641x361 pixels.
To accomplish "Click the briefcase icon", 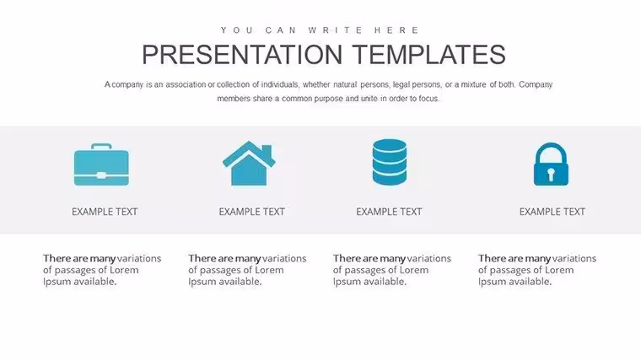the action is (x=101, y=164).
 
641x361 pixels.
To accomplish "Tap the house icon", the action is (x=249, y=163).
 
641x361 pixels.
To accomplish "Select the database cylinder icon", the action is (x=390, y=162).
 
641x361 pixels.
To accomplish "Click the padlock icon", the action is (x=551, y=164).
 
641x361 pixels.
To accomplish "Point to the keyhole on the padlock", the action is (x=551, y=174).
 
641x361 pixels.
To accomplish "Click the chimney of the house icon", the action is (x=267, y=150).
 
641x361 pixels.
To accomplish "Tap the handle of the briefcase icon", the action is (x=101, y=147).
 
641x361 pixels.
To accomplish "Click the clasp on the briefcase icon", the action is (x=101, y=175).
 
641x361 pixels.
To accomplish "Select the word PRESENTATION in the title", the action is (x=242, y=55).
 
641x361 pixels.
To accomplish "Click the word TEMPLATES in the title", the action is (x=429, y=55).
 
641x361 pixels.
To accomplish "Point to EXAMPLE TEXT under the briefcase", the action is (x=105, y=212).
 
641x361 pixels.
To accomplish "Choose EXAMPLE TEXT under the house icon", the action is (x=252, y=212).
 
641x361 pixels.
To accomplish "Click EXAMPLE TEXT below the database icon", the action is (x=389, y=212).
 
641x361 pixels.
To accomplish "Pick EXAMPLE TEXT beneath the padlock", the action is (x=552, y=212).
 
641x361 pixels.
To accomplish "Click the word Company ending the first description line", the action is (x=536, y=85).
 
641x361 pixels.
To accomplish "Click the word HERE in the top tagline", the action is (x=396, y=30).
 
